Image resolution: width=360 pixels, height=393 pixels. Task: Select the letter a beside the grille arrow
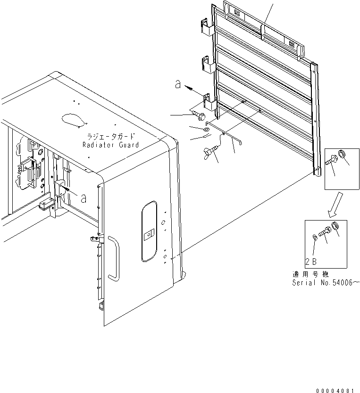tap(178, 84)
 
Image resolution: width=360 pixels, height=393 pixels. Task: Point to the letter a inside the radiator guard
tap(83, 198)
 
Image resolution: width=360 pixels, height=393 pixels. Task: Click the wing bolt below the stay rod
tap(210, 152)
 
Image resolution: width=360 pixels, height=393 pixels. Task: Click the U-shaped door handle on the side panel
tap(113, 259)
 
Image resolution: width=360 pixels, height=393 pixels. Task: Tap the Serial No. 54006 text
tap(326, 283)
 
